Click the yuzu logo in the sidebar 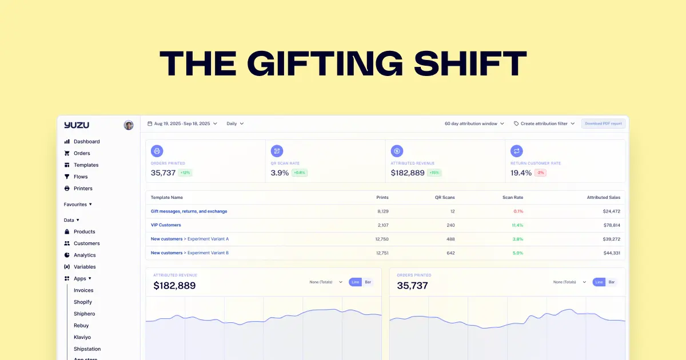[x=77, y=125]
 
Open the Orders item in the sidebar [x=82, y=153]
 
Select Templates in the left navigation [x=86, y=165]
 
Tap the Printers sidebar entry [x=83, y=189]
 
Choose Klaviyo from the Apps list [x=82, y=337]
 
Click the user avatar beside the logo [x=129, y=125]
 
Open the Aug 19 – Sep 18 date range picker [x=182, y=123]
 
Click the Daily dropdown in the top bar [x=235, y=123]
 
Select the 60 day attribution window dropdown [x=474, y=123]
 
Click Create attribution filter [x=544, y=123]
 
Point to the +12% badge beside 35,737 [x=186, y=173]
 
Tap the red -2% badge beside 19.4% [x=540, y=173]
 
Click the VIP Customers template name [x=166, y=225]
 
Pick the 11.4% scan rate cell [x=517, y=225]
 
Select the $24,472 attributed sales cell [x=611, y=211]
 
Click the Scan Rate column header [x=513, y=197]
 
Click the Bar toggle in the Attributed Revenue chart [x=368, y=282]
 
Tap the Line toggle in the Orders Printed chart [x=599, y=282]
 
